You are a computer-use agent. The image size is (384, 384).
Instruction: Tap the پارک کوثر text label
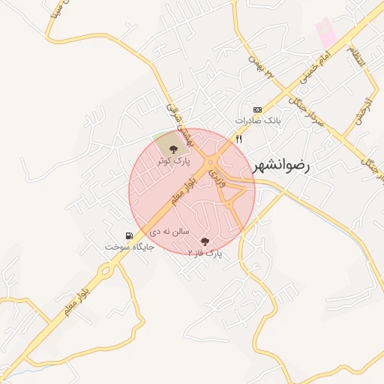[x=174, y=160]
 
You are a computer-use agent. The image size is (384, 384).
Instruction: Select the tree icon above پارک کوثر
[x=174, y=148]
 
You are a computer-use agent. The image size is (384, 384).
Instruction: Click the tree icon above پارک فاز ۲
[x=205, y=241]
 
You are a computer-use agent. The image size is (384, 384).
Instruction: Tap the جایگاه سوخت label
[x=129, y=247]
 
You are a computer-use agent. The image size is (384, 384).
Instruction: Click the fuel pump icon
[x=133, y=235]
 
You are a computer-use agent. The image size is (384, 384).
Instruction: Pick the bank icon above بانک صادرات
[x=257, y=109]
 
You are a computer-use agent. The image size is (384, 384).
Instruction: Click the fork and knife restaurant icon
[x=239, y=139]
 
